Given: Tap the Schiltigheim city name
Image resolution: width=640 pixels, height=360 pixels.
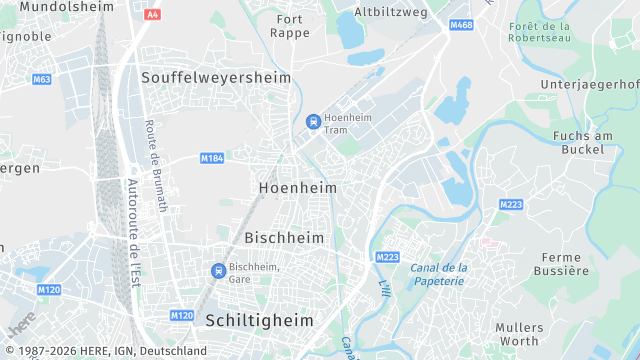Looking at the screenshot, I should click(x=259, y=320).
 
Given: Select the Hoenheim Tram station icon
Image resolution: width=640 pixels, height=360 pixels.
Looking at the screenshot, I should click(x=314, y=122).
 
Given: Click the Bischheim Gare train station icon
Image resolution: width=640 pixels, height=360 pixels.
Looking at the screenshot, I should click(x=218, y=271).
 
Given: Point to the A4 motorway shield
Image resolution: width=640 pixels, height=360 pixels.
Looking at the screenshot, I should click(x=152, y=15).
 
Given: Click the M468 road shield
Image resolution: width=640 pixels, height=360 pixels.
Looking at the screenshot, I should click(x=460, y=24).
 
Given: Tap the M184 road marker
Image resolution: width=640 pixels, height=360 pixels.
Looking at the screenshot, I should click(x=211, y=158).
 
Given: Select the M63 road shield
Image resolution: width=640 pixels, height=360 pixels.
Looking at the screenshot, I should click(x=41, y=79).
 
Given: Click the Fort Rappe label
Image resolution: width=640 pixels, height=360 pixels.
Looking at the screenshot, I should click(x=291, y=26).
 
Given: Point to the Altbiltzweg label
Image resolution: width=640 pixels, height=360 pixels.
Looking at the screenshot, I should click(x=390, y=12).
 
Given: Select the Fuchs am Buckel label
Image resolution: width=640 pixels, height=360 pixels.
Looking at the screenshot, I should click(x=579, y=142).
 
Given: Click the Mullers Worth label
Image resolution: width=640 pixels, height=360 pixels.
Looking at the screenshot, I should click(x=519, y=335).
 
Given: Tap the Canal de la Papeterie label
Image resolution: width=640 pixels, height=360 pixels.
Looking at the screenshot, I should click(x=438, y=274).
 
